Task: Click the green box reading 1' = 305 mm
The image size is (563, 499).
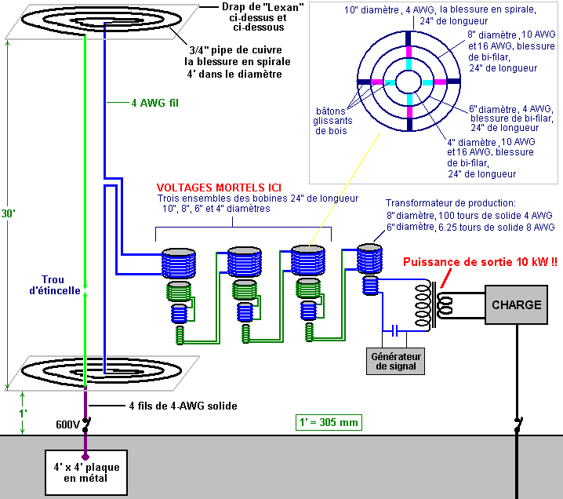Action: (329, 422)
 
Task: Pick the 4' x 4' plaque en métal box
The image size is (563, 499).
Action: (85, 474)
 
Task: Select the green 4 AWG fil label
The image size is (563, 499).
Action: (146, 102)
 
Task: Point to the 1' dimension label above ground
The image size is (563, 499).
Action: (23, 412)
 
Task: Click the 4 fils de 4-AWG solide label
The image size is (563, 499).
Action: (182, 406)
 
